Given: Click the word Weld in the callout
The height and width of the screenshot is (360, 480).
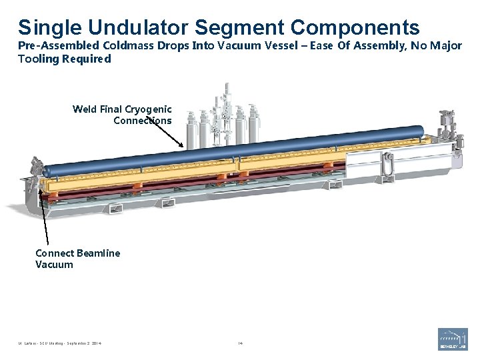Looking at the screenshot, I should pos(85,109).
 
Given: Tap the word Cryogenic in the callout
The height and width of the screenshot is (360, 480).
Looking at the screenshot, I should pos(148,109).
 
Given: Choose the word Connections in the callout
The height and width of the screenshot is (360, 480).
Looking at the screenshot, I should pos(142,121).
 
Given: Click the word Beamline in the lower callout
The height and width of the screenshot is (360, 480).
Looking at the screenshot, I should pos(99,253).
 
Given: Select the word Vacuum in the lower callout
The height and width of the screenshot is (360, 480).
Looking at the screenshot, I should pos(54,265).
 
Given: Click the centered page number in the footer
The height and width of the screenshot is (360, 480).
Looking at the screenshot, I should pos(241,343).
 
